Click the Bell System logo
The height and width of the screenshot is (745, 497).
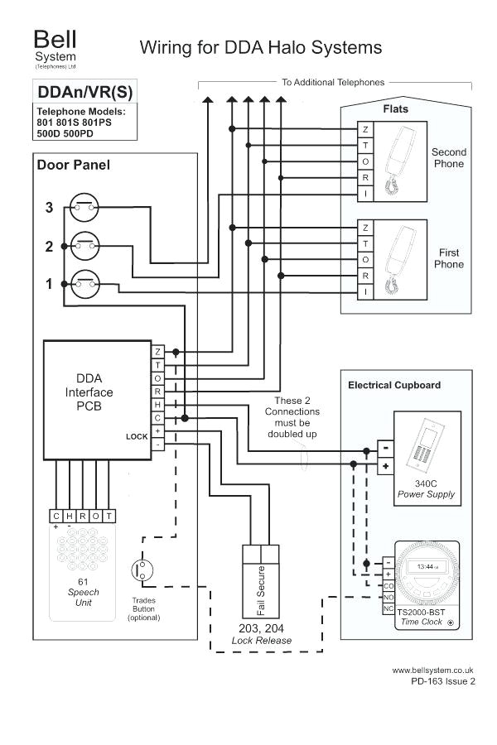click(x=54, y=49)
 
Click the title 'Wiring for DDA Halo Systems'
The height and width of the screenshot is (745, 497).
click(x=260, y=47)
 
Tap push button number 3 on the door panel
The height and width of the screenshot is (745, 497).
click(x=84, y=207)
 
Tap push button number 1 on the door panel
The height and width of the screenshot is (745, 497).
click(x=84, y=283)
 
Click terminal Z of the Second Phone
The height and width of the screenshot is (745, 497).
click(x=365, y=130)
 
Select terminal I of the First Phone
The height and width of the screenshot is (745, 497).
click(x=365, y=292)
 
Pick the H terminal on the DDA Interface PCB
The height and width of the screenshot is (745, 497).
click(x=157, y=405)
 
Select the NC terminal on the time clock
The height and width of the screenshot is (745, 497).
click(x=388, y=608)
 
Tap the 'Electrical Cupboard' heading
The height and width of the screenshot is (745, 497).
click(x=393, y=385)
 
